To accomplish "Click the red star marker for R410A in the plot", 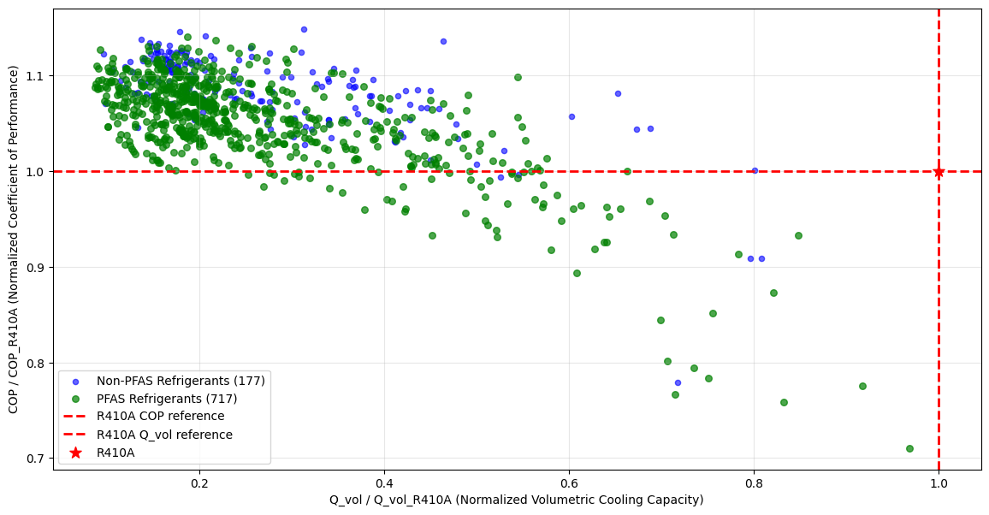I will (939, 172).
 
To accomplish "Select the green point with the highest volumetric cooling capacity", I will (909, 448).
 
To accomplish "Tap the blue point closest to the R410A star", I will (755, 170).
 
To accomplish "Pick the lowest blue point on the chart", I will (678, 382).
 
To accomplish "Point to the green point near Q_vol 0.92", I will (862, 386).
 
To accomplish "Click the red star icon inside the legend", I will (75, 453).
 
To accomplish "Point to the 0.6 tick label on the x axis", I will (569, 482).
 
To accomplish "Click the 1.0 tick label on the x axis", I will (939, 482).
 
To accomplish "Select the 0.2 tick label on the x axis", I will (199, 482).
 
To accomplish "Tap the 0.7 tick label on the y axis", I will (35, 459).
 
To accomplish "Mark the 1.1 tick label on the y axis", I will (35, 76).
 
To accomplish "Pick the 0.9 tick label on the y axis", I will (35, 268).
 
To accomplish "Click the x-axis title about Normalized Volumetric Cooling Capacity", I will (517, 500).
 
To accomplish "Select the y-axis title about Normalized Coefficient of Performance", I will (14, 239).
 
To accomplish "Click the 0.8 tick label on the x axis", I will (754, 482).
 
